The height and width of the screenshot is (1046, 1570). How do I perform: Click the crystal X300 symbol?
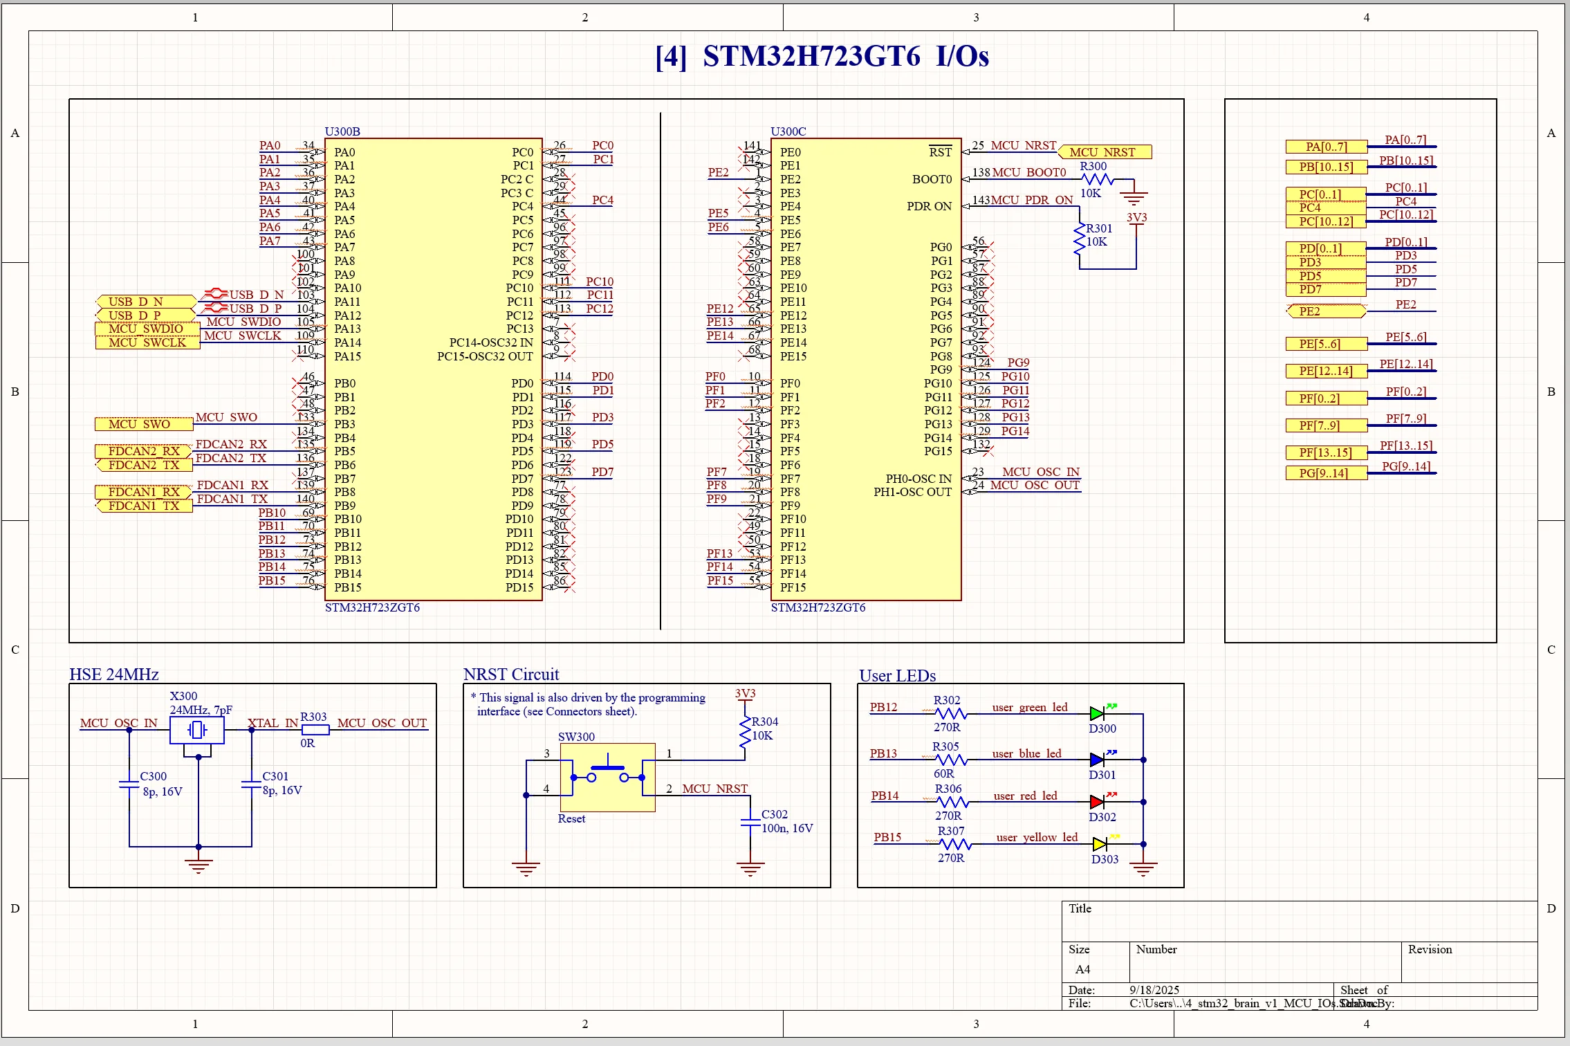(197, 730)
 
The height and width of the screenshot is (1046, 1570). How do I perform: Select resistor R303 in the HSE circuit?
(315, 730)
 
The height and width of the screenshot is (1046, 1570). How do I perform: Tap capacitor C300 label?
(153, 776)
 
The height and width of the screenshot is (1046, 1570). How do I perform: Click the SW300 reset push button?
(607, 777)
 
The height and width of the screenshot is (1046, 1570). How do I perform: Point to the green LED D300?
(1097, 713)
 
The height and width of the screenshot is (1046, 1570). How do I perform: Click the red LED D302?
(1097, 802)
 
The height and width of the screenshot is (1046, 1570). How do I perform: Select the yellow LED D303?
(1100, 844)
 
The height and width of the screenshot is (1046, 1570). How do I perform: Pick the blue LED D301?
(1097, 760)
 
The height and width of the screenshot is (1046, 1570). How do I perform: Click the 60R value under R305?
(943, 773)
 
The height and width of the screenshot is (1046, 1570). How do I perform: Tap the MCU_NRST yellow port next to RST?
(1105, 152)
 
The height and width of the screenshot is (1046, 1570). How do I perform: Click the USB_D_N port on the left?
(145, 302)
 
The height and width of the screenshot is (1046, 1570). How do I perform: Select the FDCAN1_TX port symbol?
(144, 506)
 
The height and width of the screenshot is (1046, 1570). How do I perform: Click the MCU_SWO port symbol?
(144, 424)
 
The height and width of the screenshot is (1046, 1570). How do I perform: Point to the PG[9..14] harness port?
(1325, 473)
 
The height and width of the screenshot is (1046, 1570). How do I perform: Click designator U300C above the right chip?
(788, 131)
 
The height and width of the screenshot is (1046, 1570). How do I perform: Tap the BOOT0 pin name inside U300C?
(932, 179)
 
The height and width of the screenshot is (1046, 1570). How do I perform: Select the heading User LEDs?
(897, 676)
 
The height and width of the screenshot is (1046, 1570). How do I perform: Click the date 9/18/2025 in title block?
(1154, 990)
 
